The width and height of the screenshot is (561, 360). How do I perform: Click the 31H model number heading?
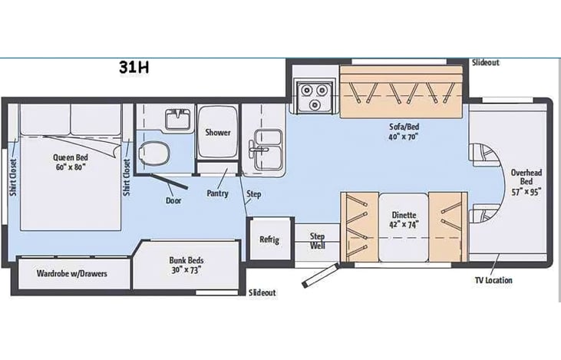(x=134, y=68)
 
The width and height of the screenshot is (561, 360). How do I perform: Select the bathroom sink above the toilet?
(x=178, y=119)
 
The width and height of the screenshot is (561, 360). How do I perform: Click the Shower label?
(x=217, y=132)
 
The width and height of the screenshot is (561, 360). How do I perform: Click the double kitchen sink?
(x=266, y=150)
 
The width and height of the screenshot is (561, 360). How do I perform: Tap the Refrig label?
(x=269, y=239)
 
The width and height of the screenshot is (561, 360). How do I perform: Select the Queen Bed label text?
(x=71, y=157)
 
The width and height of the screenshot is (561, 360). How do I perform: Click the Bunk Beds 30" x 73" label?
(x=186, y=265)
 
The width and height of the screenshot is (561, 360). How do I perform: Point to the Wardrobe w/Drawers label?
(x=71, y=274)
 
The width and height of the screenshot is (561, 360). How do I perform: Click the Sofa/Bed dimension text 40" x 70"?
(x=404, y=137)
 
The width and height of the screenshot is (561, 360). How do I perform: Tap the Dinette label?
(x=404, y=215)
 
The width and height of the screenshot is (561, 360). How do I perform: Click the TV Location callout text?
(x=493, y=280)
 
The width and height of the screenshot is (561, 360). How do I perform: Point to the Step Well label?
(x=318, y=241)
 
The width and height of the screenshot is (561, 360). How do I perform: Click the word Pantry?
(x=217, y=193)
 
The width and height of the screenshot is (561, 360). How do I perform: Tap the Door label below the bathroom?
(x=173, y=201)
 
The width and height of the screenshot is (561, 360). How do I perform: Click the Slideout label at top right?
(x=486, y=63)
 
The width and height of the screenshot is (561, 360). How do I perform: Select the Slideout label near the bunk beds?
(x=262, y=292)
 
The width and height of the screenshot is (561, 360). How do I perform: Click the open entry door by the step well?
(x=320, y=276)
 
